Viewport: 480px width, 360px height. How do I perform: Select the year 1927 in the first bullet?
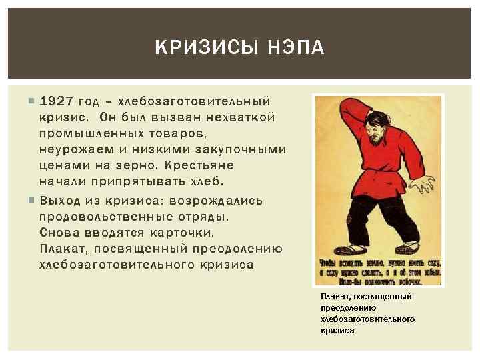(56, 102)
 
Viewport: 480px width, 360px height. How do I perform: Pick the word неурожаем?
(72, 149)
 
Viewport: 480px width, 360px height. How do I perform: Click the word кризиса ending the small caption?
(337, 330)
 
